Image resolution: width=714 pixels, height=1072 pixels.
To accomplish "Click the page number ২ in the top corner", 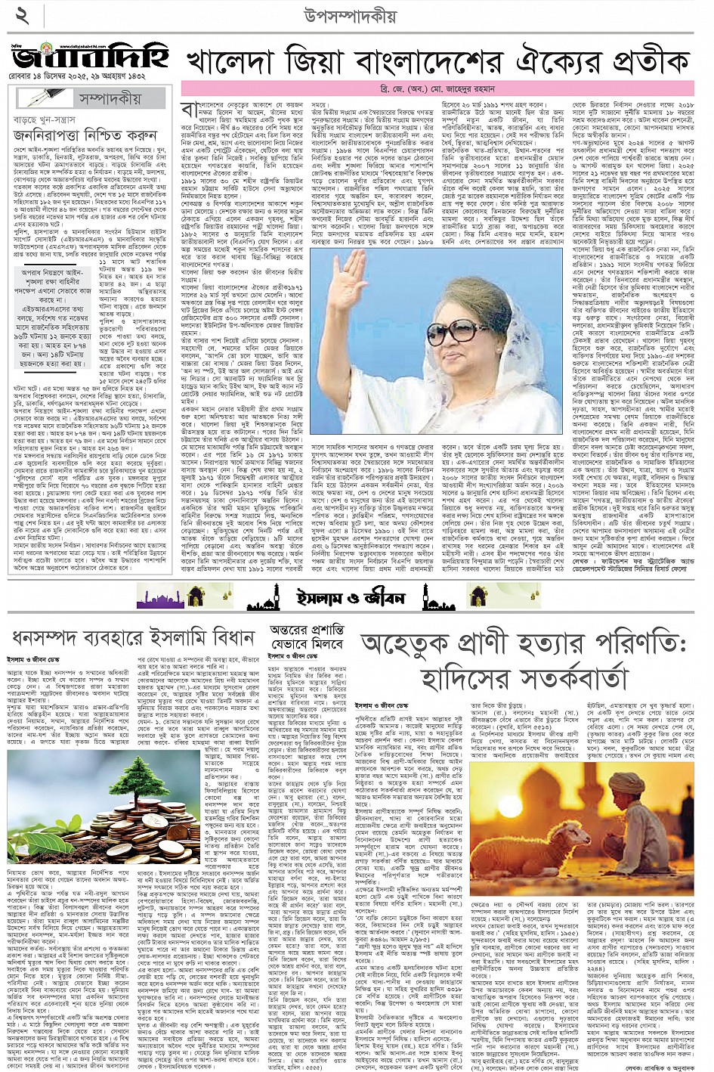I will pos(22,15).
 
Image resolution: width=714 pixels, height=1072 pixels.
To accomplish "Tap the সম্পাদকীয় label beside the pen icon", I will pos(110,99).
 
